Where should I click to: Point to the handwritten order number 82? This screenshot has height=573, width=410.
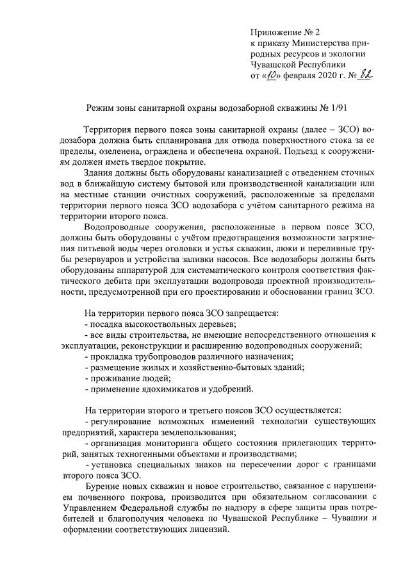coord(365,75)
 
